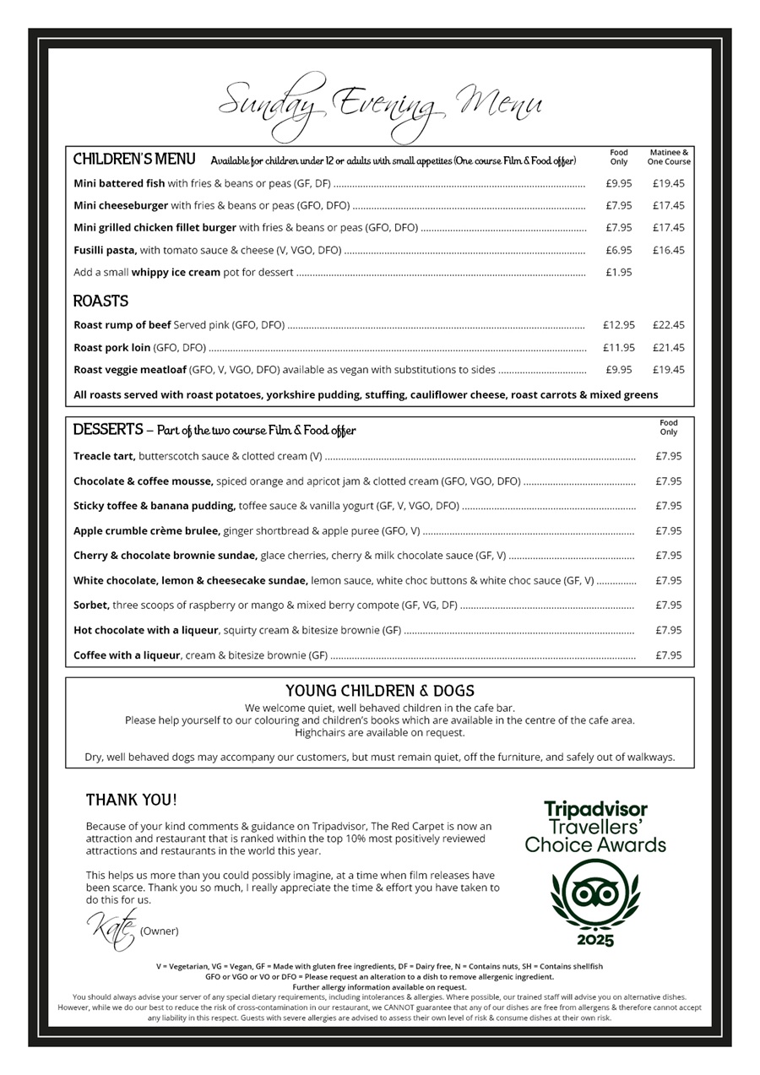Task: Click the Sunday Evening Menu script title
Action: tap(380, 106)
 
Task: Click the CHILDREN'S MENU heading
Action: tap(134, 160)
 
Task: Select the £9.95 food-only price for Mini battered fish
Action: tap(618, 183)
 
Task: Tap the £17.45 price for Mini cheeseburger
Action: tap(668, 205)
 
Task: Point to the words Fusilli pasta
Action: tap(105, 250)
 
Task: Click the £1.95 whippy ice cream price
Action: tap(618, 272)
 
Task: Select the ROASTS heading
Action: tap(100, 301)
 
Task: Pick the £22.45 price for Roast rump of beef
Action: tap(668, 325)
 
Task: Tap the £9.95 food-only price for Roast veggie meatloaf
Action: tap(618, 370)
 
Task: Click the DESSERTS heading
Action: tap(108, 430)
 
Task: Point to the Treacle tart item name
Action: tap(104, 456)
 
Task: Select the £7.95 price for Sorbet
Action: tap(668, 605)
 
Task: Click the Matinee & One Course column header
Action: tap(668, 157)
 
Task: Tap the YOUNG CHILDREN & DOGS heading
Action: tap(379, 691)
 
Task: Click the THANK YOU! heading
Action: tap(132, 800)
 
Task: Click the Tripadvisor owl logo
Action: tap(594, 894)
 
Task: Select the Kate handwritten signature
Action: tap(111, 929)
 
